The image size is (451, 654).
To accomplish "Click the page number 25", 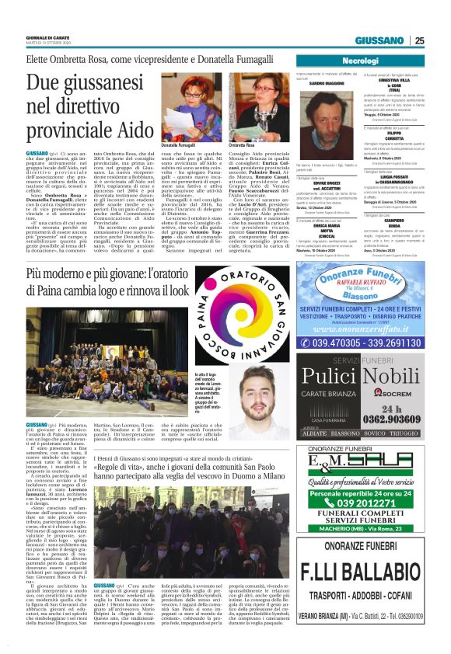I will click(419, 41).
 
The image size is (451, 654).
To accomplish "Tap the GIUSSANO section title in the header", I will click(381, 41).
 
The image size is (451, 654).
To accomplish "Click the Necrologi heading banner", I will click(359, 61).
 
